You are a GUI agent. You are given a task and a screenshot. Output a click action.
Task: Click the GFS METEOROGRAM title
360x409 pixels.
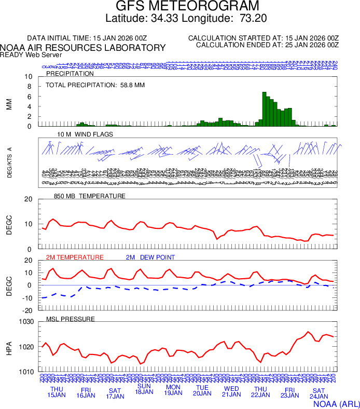187,7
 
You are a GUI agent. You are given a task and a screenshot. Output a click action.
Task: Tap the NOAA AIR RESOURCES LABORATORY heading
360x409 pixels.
83,48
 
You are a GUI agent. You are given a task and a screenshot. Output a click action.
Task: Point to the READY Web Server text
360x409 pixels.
31,55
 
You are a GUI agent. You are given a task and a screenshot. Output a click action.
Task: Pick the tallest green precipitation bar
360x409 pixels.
264,109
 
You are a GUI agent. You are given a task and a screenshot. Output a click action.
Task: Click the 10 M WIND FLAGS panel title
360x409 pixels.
85,134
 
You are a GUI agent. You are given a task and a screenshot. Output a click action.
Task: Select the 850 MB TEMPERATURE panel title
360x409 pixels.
90,196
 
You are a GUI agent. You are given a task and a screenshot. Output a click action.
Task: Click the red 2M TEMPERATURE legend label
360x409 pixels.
75,257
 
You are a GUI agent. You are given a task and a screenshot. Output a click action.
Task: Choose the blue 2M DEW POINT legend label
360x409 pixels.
150,257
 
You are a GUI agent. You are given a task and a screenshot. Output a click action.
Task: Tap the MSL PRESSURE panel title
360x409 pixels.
71,319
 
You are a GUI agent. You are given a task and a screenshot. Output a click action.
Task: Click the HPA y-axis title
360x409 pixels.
9,347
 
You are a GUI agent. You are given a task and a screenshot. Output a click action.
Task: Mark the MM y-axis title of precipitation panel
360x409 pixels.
9,104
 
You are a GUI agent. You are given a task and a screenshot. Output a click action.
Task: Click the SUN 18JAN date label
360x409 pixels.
144,389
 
